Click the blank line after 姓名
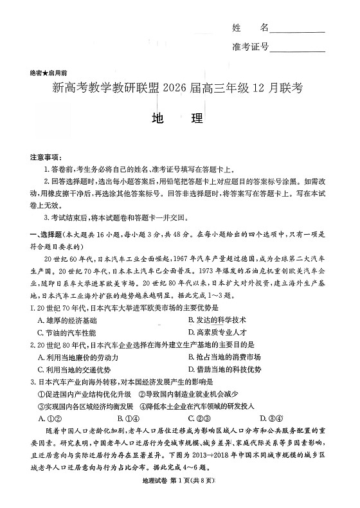click(x=297, y=30)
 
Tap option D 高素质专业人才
click(x=217, y=332)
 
